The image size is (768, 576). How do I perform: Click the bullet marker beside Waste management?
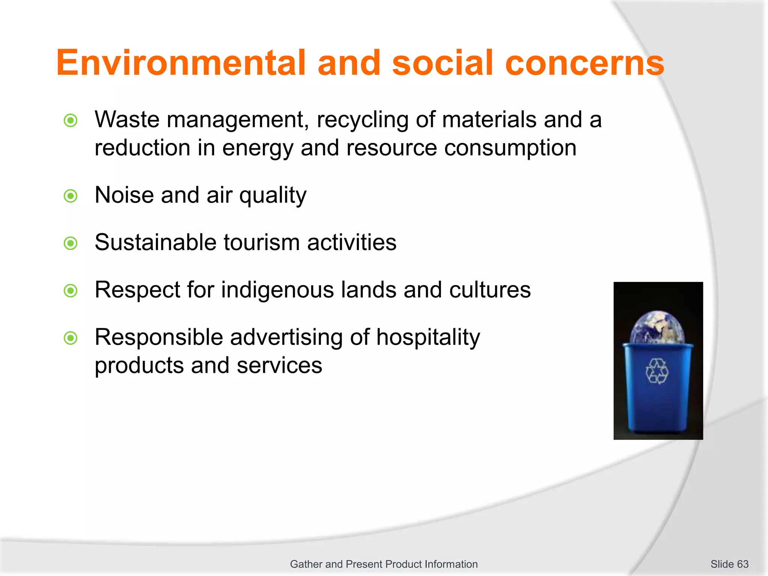70,121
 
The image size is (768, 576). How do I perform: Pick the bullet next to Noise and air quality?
70,196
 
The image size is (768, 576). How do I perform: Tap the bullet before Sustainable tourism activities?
70,243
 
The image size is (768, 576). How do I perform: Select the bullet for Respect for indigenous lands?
70,291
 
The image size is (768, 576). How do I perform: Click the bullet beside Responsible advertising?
70,338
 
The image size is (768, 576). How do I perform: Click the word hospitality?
428,337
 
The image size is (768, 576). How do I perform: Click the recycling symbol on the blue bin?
657,371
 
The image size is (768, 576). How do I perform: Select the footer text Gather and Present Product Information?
384,564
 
